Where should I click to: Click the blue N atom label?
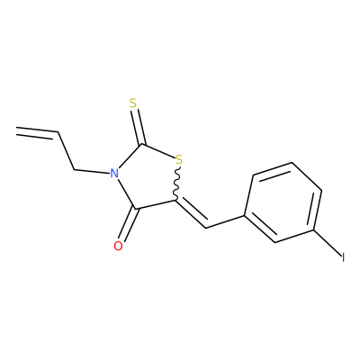tap(113, 174)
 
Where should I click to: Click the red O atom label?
tap(118, 246)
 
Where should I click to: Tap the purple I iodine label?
tap(343, 257)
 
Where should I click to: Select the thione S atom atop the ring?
tap(133, 103)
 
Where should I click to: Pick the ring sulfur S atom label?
tap(179, 159)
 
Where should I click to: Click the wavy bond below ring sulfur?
tap(177, 183)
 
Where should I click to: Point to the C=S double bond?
tap(139, 127)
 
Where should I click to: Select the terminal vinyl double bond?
tap(37, 133)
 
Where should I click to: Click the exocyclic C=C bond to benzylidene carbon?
tap(191, 213)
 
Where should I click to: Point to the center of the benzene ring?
tap(283, 202)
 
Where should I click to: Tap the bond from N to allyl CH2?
tap(91, 172)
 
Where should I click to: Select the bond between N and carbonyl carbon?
tap(127, 193)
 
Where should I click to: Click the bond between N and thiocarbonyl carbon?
tap(130, 157)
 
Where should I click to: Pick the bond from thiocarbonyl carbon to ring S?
tap(157, 151)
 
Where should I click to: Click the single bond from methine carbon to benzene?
tap(225, 221)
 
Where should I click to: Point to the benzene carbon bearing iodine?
tap(313, 230)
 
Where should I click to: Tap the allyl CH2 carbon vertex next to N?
tap(74, 170)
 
